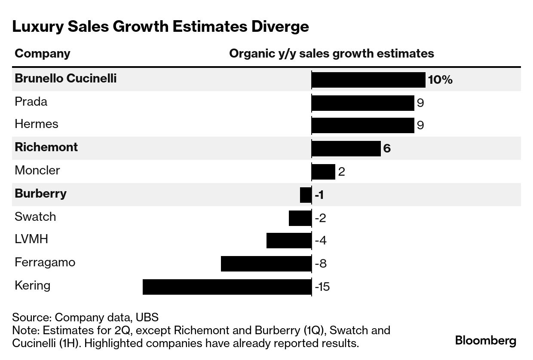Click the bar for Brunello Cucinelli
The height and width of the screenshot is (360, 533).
[x=368, y=80]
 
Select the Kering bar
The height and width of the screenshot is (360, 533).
[x=227, y=287]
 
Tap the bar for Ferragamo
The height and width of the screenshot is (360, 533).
[x=266, y=264]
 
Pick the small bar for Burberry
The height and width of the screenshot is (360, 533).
[x=306, y=195]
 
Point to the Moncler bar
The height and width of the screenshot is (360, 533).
[x=323, y=172]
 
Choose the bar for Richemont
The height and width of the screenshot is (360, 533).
[x=346, y=149]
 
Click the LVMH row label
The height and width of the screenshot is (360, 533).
[x=31, y=239]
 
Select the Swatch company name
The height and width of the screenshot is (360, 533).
[x=35, y=217]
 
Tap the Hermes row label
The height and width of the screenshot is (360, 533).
[x=37, y=124]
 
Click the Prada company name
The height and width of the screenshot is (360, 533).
[x=31, y=102]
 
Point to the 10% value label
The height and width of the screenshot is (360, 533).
[x=440, y=80]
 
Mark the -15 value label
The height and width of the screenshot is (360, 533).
[x=322, y=287]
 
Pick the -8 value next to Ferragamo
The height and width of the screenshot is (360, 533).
[x=321, y=263]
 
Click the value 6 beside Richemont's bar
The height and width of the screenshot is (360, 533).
[x=387, y=149]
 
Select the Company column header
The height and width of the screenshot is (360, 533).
[x=43, y=54]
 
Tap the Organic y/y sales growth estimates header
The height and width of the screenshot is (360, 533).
[x=331, y=54]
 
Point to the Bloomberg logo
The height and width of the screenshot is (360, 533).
[x=486, y=341]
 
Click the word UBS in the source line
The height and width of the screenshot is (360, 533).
[x=147, y=317]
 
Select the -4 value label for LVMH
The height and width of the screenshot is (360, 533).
[x=321, y=240]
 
